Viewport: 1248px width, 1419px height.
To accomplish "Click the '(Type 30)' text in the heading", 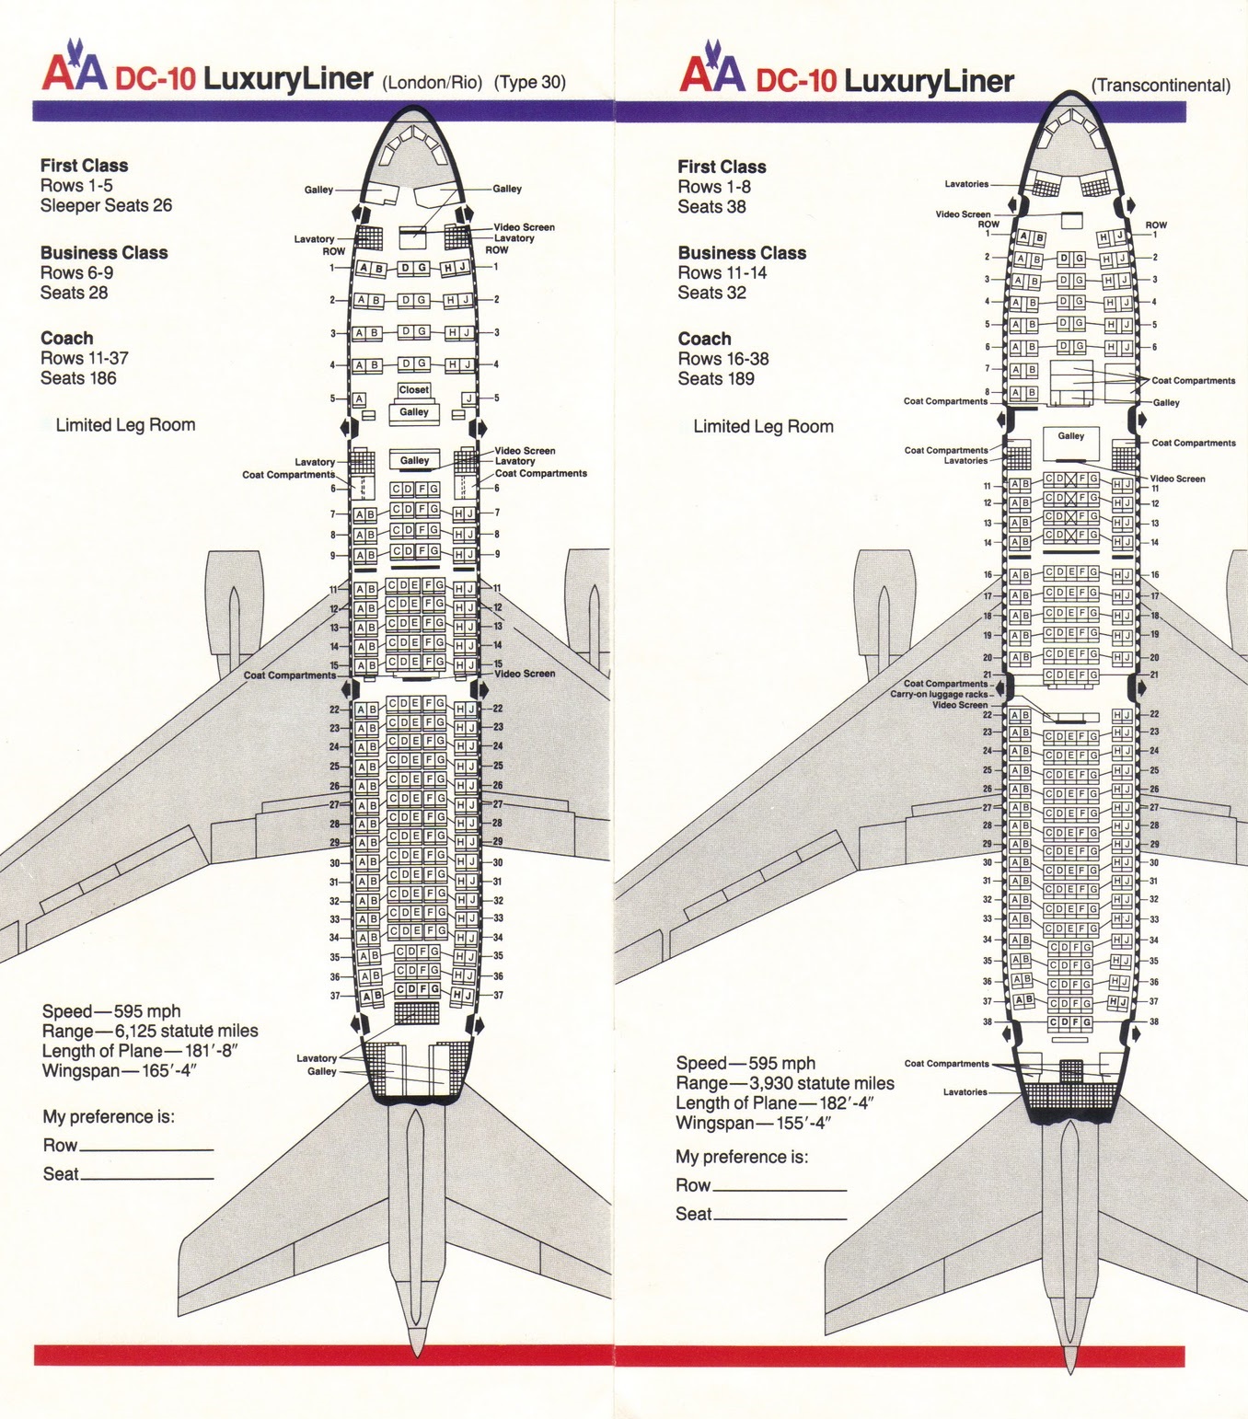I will (x=529, y=82).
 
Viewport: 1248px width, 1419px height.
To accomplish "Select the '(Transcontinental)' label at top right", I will (x=1160, y=86).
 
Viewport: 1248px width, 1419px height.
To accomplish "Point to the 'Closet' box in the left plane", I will (x=413, y=390).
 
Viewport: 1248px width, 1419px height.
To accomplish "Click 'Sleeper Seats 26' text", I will (x=106, y=205).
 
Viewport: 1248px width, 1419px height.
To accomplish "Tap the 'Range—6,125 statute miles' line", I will (x=150, y=1032).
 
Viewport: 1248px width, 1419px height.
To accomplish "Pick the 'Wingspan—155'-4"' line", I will (x=753, y=1123).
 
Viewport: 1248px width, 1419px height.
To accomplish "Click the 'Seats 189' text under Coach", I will (x=716, y=378).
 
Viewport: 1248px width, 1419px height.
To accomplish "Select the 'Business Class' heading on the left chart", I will (x=104, y=253).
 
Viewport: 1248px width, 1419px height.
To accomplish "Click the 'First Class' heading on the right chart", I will (x=722, y=167).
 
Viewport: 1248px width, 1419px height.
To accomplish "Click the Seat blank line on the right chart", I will (x=780, y=1218).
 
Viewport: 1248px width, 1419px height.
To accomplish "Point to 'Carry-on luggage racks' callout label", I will (x=939, y=694).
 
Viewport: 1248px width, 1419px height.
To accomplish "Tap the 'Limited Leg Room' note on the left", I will (x=125, y=425).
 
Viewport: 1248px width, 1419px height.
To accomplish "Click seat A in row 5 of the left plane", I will (x=359, y=399).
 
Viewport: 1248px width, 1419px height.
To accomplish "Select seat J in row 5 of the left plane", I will (x=469, y=398).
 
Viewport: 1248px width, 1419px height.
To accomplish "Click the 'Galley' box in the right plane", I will (x=1070, y=436).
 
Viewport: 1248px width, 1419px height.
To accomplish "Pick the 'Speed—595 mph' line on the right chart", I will (x=745, y=1063).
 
